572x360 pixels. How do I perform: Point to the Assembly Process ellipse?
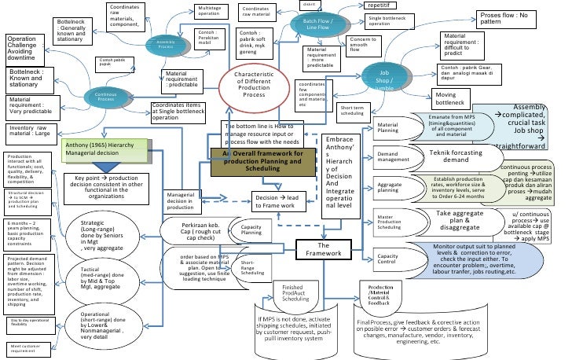[166, 43]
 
